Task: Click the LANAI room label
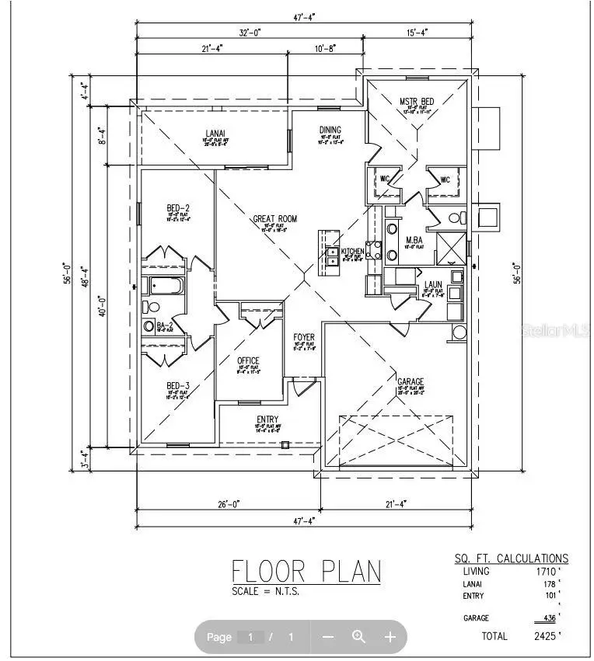[x=215, y=133]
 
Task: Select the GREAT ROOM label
[x=274, y=219]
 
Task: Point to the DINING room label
[x=330, y=130]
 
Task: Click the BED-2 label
[x=178, y=207]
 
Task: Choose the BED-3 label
[x=177, y=386]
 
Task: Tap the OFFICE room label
[x=248, y=360]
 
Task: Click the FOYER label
[x=304, y=337]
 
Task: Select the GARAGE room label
[x=411, y=381]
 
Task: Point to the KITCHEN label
[x=352, y=252]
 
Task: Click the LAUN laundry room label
[x=433, y=284]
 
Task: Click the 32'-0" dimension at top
[x=250, y=33]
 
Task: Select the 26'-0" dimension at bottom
[x=228, y=504]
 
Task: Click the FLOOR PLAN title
[x=306, y=571]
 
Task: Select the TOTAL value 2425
[x=545, y=636]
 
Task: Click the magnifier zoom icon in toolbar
[x=358, y=637]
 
